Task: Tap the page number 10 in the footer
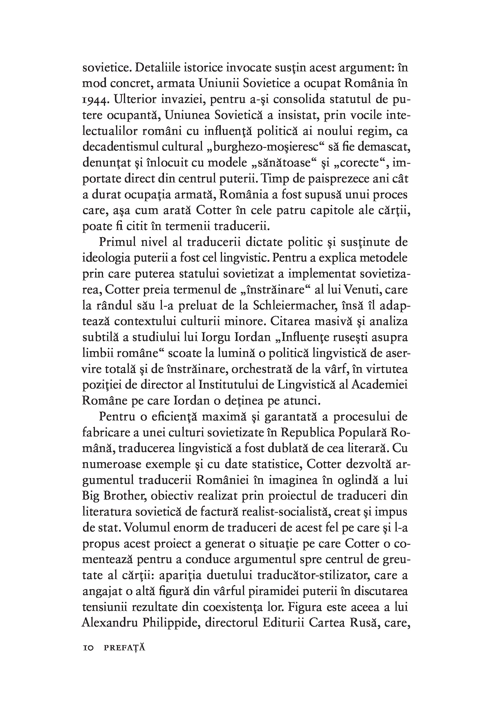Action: click(x=88, y=648)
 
